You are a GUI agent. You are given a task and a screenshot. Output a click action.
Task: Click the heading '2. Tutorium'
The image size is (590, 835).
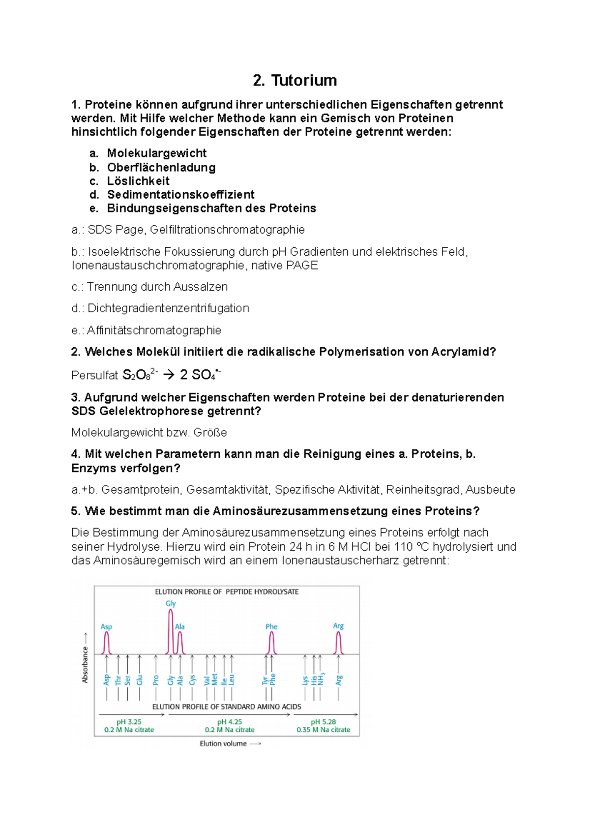tap(295, 80)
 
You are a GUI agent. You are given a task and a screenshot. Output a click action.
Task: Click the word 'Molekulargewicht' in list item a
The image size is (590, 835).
tap(156, 153)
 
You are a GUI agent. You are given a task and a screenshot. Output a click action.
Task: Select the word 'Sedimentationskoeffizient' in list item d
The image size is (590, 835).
tap(180, 194)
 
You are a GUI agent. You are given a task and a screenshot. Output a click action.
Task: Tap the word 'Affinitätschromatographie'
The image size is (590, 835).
tap(154, 330)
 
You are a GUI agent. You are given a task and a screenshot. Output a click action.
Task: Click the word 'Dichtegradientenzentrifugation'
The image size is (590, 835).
tap(168, 308)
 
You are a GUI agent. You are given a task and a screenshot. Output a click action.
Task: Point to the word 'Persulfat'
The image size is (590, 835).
tap(94, 376)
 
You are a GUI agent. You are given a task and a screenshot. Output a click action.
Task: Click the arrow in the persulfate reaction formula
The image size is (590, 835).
tap(168, 375)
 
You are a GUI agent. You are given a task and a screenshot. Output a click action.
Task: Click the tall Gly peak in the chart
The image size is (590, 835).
tap(171, 632)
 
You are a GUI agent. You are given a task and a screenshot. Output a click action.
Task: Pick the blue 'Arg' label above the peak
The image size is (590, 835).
tap(338, 626)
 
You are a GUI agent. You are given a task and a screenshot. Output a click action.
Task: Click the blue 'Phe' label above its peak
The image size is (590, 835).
tap(271, 626)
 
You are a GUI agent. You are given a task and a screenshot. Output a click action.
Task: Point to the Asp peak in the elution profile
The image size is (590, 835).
tap(107, 643)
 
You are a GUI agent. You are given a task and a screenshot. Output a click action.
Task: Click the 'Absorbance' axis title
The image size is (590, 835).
tap(85, 664)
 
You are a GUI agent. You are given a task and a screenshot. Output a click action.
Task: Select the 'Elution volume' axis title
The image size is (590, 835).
tap(223, 744)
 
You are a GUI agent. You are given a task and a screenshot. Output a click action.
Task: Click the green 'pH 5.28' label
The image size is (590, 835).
tap(323, 722)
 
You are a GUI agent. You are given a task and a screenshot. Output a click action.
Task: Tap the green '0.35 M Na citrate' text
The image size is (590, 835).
tap(323, 730)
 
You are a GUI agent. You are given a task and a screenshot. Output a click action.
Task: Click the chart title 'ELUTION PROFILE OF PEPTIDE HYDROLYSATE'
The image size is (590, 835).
tap(227, 592)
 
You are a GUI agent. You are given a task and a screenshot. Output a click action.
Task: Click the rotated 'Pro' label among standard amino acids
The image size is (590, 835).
tap(156, 680)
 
